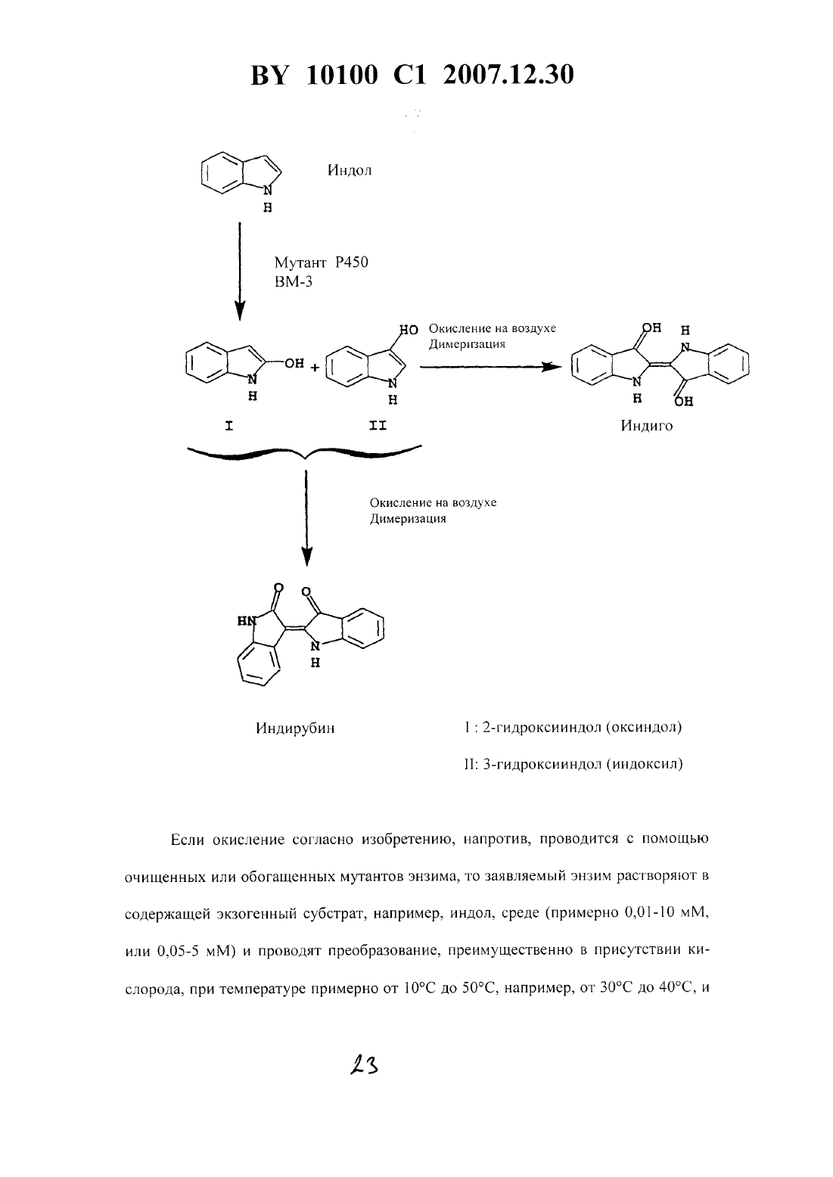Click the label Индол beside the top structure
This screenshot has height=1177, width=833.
(350, 170)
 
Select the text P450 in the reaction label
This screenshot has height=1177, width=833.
(352, 262)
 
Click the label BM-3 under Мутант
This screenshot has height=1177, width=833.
(294, 281)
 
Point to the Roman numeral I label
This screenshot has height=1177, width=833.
(228, 426)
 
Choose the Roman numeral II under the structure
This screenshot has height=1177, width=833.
(378, 426)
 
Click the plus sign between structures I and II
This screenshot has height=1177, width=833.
(314, 368)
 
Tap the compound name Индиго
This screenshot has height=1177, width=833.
(646, 426)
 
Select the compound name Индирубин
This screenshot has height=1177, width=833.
(295, 728)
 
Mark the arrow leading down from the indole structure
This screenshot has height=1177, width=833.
(240, 271)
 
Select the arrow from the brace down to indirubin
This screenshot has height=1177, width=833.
(306, 518)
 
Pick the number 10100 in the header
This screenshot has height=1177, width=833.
(342, 76)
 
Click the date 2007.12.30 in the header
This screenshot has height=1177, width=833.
(508, 76)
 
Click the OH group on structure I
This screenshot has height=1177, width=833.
(294, 363)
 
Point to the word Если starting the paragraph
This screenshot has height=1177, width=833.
(187, 840)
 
